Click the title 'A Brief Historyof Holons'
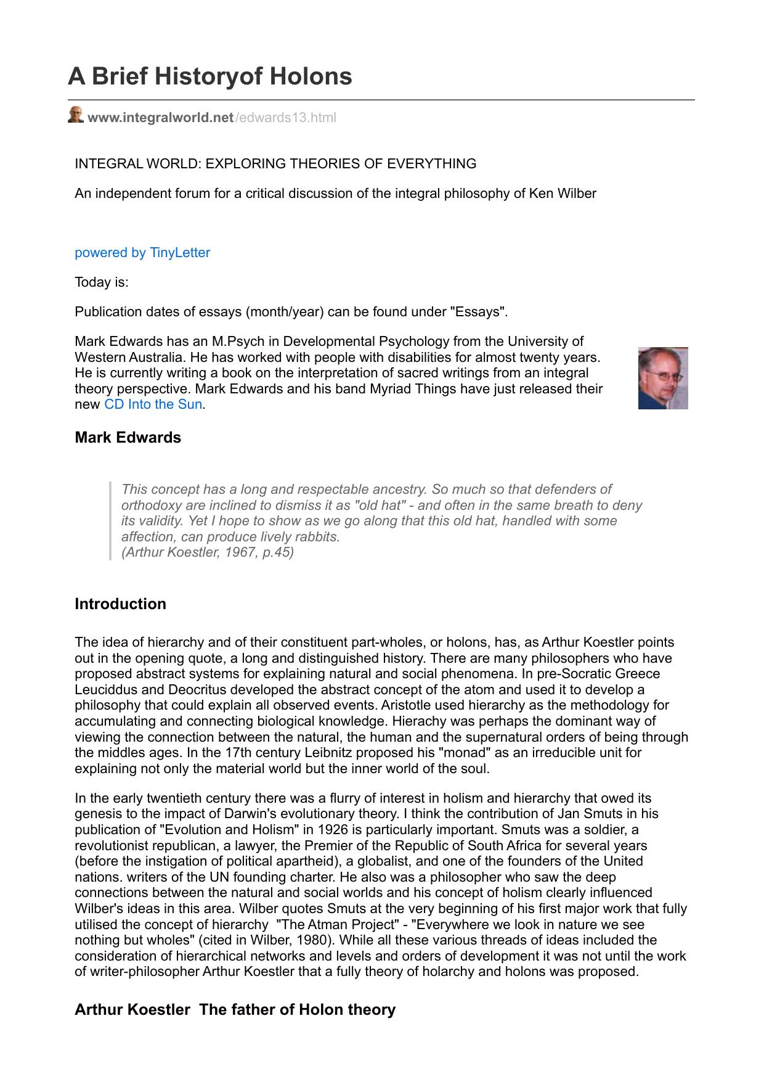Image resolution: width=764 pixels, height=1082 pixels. pyautogui.click(x=209, y=76)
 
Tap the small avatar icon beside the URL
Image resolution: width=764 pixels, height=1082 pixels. pyautogui.click(x=75, y=115)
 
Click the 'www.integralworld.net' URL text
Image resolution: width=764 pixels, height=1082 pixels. pyautogui.click(x=160, y=118)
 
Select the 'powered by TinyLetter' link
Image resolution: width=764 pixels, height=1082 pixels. pyautogui.click(x=142, y=253)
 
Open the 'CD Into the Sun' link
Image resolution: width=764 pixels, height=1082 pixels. pyautogui.click(x=153, y=404)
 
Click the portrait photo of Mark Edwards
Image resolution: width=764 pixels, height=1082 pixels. pyautogui.click(x=662, y=379)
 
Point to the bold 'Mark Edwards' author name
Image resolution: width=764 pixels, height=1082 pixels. pyautogui.click(x=128, y=438)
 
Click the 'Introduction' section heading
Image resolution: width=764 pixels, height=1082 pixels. pyautogui.click(x=120, y=604)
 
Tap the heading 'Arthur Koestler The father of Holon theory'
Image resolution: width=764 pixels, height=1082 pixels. pyautogui.click(x=235, y=1010)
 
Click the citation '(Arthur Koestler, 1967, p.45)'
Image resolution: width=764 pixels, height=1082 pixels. pyautogui.click(x=208, y=552)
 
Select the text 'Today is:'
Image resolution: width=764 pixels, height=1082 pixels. pyautogui.click(x=102, y=282)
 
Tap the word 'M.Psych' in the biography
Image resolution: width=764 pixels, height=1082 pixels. pyautogui.click(x=235, y=342)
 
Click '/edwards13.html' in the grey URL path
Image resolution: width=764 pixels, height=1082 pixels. pyautogui.click(x=285, y=118)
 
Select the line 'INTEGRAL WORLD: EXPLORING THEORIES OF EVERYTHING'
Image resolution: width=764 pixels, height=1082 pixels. pyautogui.click(x=275, y=164)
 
